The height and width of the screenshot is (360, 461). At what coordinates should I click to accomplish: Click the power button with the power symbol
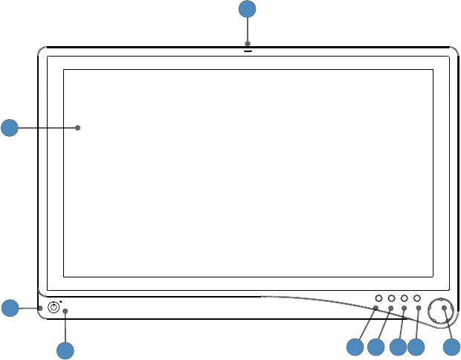tap(54, 308)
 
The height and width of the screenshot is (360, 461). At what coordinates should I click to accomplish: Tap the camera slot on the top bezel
tap(247, 51)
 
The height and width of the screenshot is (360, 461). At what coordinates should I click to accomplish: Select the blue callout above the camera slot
tap(247, 10)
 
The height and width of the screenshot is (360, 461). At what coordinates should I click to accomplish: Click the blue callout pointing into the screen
tap(10, 128)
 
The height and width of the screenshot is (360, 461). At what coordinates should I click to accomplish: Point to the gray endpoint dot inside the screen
tap(78, 128)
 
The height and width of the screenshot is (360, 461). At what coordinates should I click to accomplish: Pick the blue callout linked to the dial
tap(451, 347)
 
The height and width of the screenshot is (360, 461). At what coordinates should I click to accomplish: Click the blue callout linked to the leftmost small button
tap(355, 347)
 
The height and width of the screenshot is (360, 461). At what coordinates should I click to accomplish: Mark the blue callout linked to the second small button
tap(376, 347)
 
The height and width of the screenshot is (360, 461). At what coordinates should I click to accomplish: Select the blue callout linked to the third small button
tap(398, 347)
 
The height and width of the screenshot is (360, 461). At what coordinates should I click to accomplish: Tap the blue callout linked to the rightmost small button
tap(416, 347)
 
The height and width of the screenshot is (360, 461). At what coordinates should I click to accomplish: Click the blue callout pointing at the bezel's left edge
tap(10, 308)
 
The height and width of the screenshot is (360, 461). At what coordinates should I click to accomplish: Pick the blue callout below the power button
tap(65, 350)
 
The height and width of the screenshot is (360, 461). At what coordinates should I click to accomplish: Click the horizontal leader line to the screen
tap(45, 128)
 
